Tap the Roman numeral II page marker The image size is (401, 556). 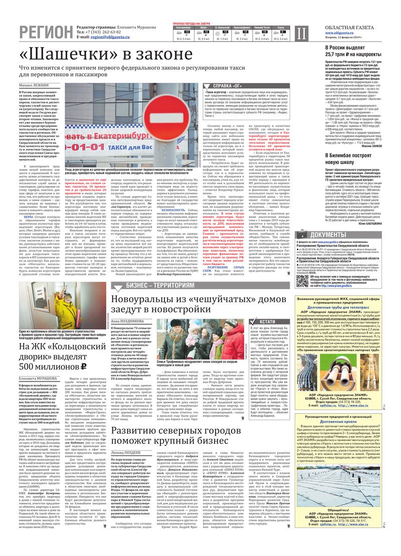[300, 33]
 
